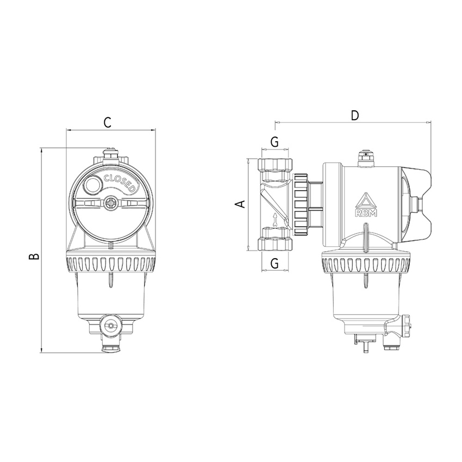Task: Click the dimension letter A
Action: tap(242, 204)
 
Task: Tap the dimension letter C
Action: tap(108, 122)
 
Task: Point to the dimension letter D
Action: tap(355, 115)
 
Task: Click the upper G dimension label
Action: tap(274, 142)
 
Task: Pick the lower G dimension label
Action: tap(274, 263)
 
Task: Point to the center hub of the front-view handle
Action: tap(111, 204)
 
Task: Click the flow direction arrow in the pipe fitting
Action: tap(276, 218)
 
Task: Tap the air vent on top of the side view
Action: tap(364, 158)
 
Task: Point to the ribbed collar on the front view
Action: tap(110, 263)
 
